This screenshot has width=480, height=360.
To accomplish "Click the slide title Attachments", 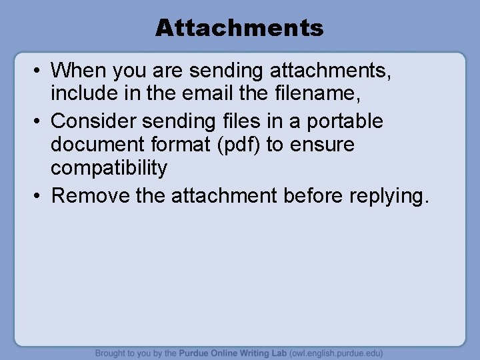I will pos(239,27).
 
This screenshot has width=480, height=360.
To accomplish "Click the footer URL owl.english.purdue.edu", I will pos(333,353).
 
